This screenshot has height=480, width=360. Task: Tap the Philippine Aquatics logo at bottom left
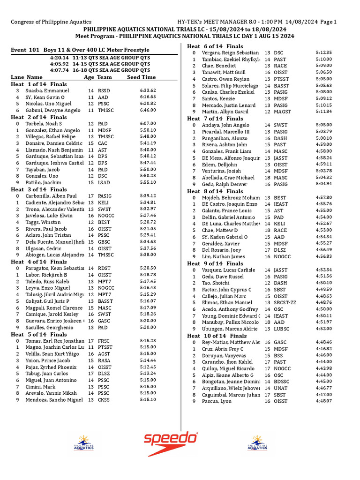(x=84, y=443)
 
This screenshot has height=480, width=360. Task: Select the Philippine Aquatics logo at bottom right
(x=257, y=443)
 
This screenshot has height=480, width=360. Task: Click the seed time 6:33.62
(x=148, y=90)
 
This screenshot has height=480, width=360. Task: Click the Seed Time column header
(x=142, y=77)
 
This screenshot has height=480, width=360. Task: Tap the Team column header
(x=105, y=77)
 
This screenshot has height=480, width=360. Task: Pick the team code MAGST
(x=282, y=112)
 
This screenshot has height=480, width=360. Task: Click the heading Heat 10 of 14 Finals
(x=217, y=336)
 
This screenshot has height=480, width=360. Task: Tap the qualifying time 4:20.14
(x=60, y=57)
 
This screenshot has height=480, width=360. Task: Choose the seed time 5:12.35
(x=323, y=53)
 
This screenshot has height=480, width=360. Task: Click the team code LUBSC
(x=282, y=329)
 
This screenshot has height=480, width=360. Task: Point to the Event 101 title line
(x=80, y=50)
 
